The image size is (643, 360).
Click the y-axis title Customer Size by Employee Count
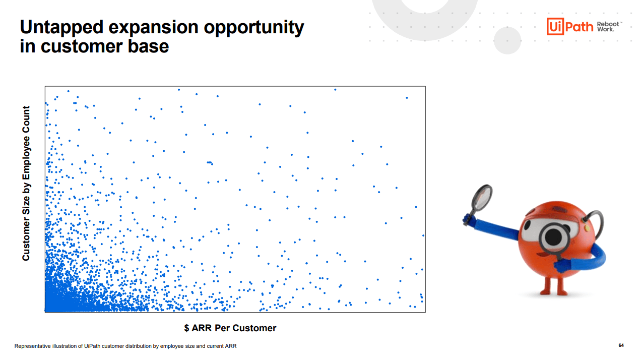[x=26, y=183]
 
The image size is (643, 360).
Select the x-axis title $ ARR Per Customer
[x=230, y=328]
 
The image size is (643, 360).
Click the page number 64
[x=621, y=345]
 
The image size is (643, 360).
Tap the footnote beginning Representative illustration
[x=125, y=346]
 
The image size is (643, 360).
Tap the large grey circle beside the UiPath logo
[x=507, y=40]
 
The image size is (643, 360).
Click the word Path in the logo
[x=579, y=27]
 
